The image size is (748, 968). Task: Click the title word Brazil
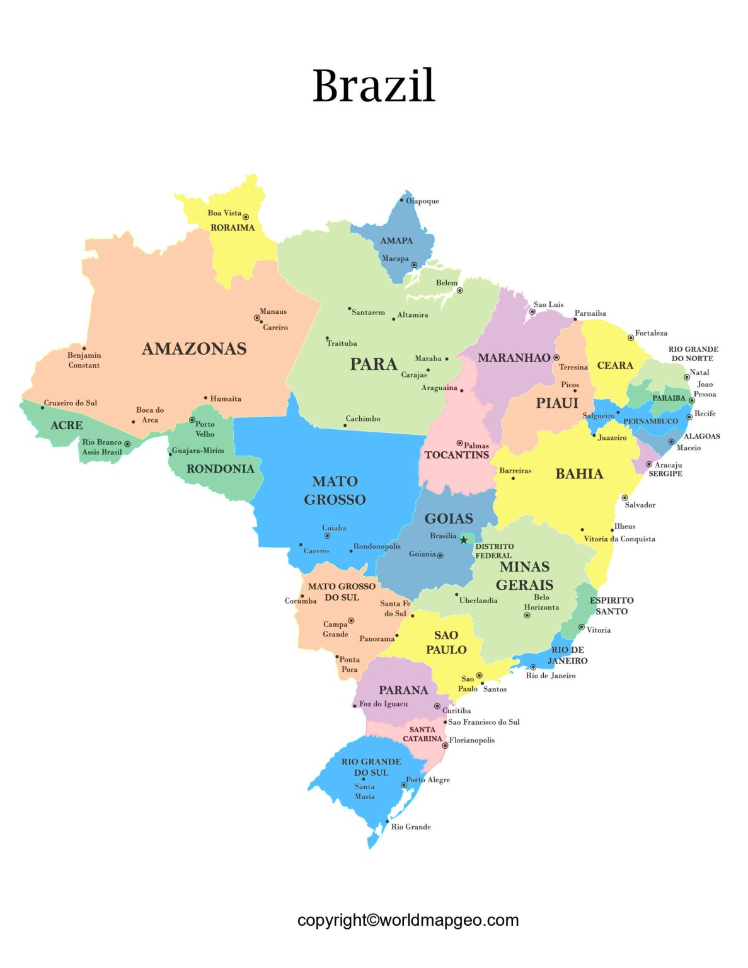pos(374,86)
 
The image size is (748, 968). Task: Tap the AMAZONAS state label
pos(194,349)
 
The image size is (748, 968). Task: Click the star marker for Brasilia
pos(464,539)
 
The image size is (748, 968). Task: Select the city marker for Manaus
pos(256,318)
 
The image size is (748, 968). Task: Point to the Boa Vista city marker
pos(246,217)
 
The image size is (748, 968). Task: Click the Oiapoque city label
pos(422,201)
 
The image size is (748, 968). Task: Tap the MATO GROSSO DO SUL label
pos(342,592)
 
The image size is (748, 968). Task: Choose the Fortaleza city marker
pos(630,338)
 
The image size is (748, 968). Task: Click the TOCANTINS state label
pos(456,455)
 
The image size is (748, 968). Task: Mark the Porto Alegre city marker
pos(403,785)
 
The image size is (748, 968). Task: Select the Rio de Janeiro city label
pos(551,676)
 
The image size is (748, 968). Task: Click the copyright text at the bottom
pos(408,920)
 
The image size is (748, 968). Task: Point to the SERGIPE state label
pos(665,473)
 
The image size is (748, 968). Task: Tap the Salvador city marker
pos(624,498)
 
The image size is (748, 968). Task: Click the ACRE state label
pos(67,425)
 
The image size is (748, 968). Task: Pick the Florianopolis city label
pos(471,740)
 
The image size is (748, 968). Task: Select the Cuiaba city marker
pos(327,536)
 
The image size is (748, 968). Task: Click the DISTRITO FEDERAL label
pos(494,551)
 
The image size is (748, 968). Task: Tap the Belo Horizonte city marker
pos(527,615)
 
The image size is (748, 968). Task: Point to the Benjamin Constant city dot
pos(84,348)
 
